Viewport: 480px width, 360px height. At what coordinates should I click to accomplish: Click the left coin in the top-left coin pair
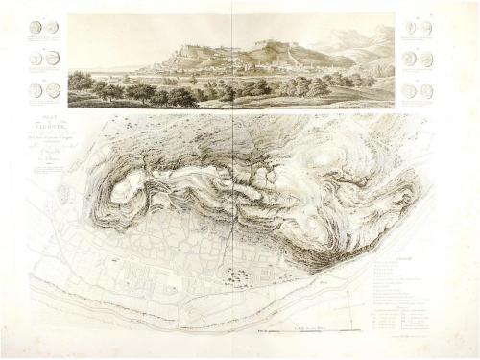tap(36, 28)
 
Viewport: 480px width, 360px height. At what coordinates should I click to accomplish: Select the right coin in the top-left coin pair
tap(52, 28)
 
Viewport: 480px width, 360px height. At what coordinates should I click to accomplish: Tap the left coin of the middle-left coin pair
tap(36, 59)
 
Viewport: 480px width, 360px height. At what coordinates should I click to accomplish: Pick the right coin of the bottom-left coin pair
tap(54, 89)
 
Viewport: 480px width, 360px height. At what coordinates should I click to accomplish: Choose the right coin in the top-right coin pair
tap(426, 28)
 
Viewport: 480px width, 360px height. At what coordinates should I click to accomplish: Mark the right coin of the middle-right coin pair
tap(426, 59)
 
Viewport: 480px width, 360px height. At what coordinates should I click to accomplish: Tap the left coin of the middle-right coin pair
tap(409, 59)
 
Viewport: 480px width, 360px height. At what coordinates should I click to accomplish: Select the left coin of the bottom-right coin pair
tap(409, 91)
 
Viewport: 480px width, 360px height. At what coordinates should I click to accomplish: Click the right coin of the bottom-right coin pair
tap(426, 91)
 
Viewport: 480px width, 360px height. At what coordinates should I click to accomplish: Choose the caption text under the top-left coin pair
tap(44, 40)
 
